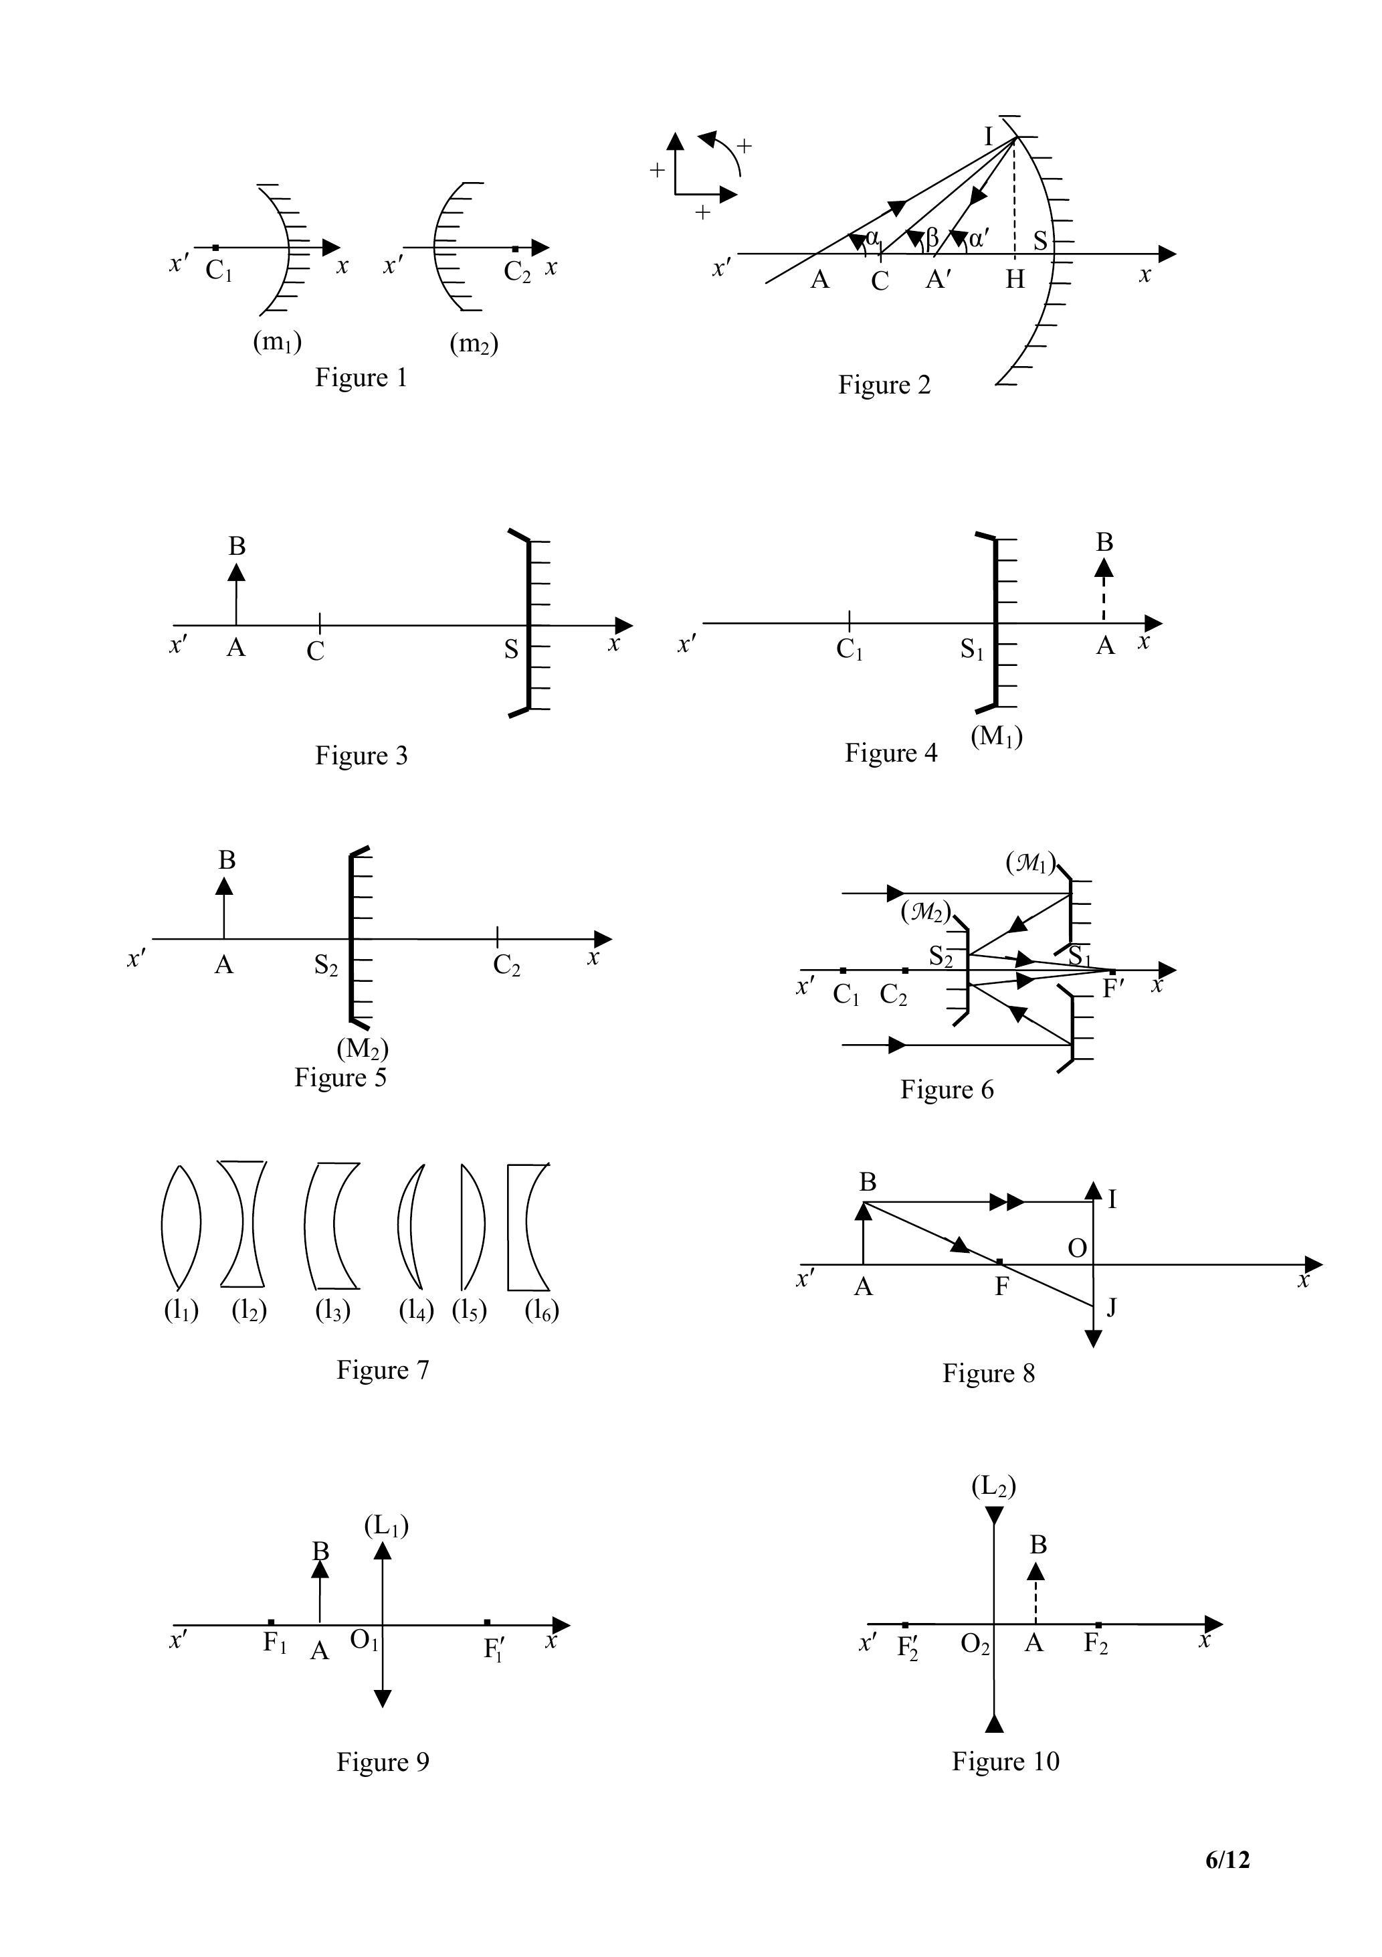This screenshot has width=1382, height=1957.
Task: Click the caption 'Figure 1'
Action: click(x=361, y=377)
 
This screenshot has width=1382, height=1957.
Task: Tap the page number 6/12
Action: click(x=1227, y=1859)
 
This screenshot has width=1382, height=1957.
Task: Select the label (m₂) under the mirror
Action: click(x=474, y=343)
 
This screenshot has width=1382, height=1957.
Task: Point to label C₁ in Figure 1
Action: click(x=218, y=271)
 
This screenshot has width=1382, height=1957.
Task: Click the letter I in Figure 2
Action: click(x=989, y=137)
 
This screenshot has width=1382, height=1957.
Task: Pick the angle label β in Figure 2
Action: click(x=931, y=240)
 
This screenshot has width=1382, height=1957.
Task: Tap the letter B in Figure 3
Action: click(x=237, y=546)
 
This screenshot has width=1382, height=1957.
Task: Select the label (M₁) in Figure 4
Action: click(x=996, y=736)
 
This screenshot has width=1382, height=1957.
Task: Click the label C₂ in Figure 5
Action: click(x=506, y=966)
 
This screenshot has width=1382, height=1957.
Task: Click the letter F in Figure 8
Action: click(x=1002, y=1287)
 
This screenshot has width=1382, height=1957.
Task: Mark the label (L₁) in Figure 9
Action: click(x=386, y=1526)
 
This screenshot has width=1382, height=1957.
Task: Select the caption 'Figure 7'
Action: click(x=383, y=1370)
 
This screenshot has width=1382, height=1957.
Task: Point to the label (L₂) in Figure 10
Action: click(x=993, y=1486)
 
